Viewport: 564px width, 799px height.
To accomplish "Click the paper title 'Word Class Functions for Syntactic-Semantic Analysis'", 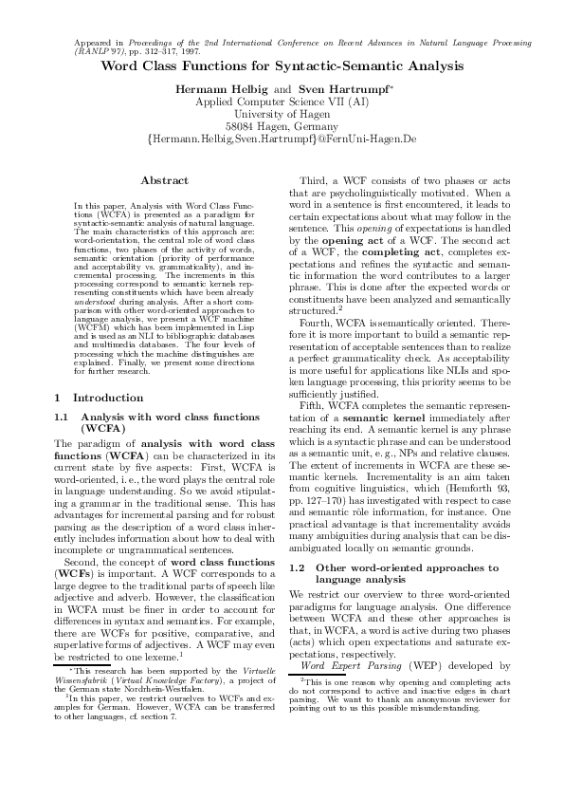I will pos(282,67).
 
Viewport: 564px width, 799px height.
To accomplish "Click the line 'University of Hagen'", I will pos(282,113).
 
